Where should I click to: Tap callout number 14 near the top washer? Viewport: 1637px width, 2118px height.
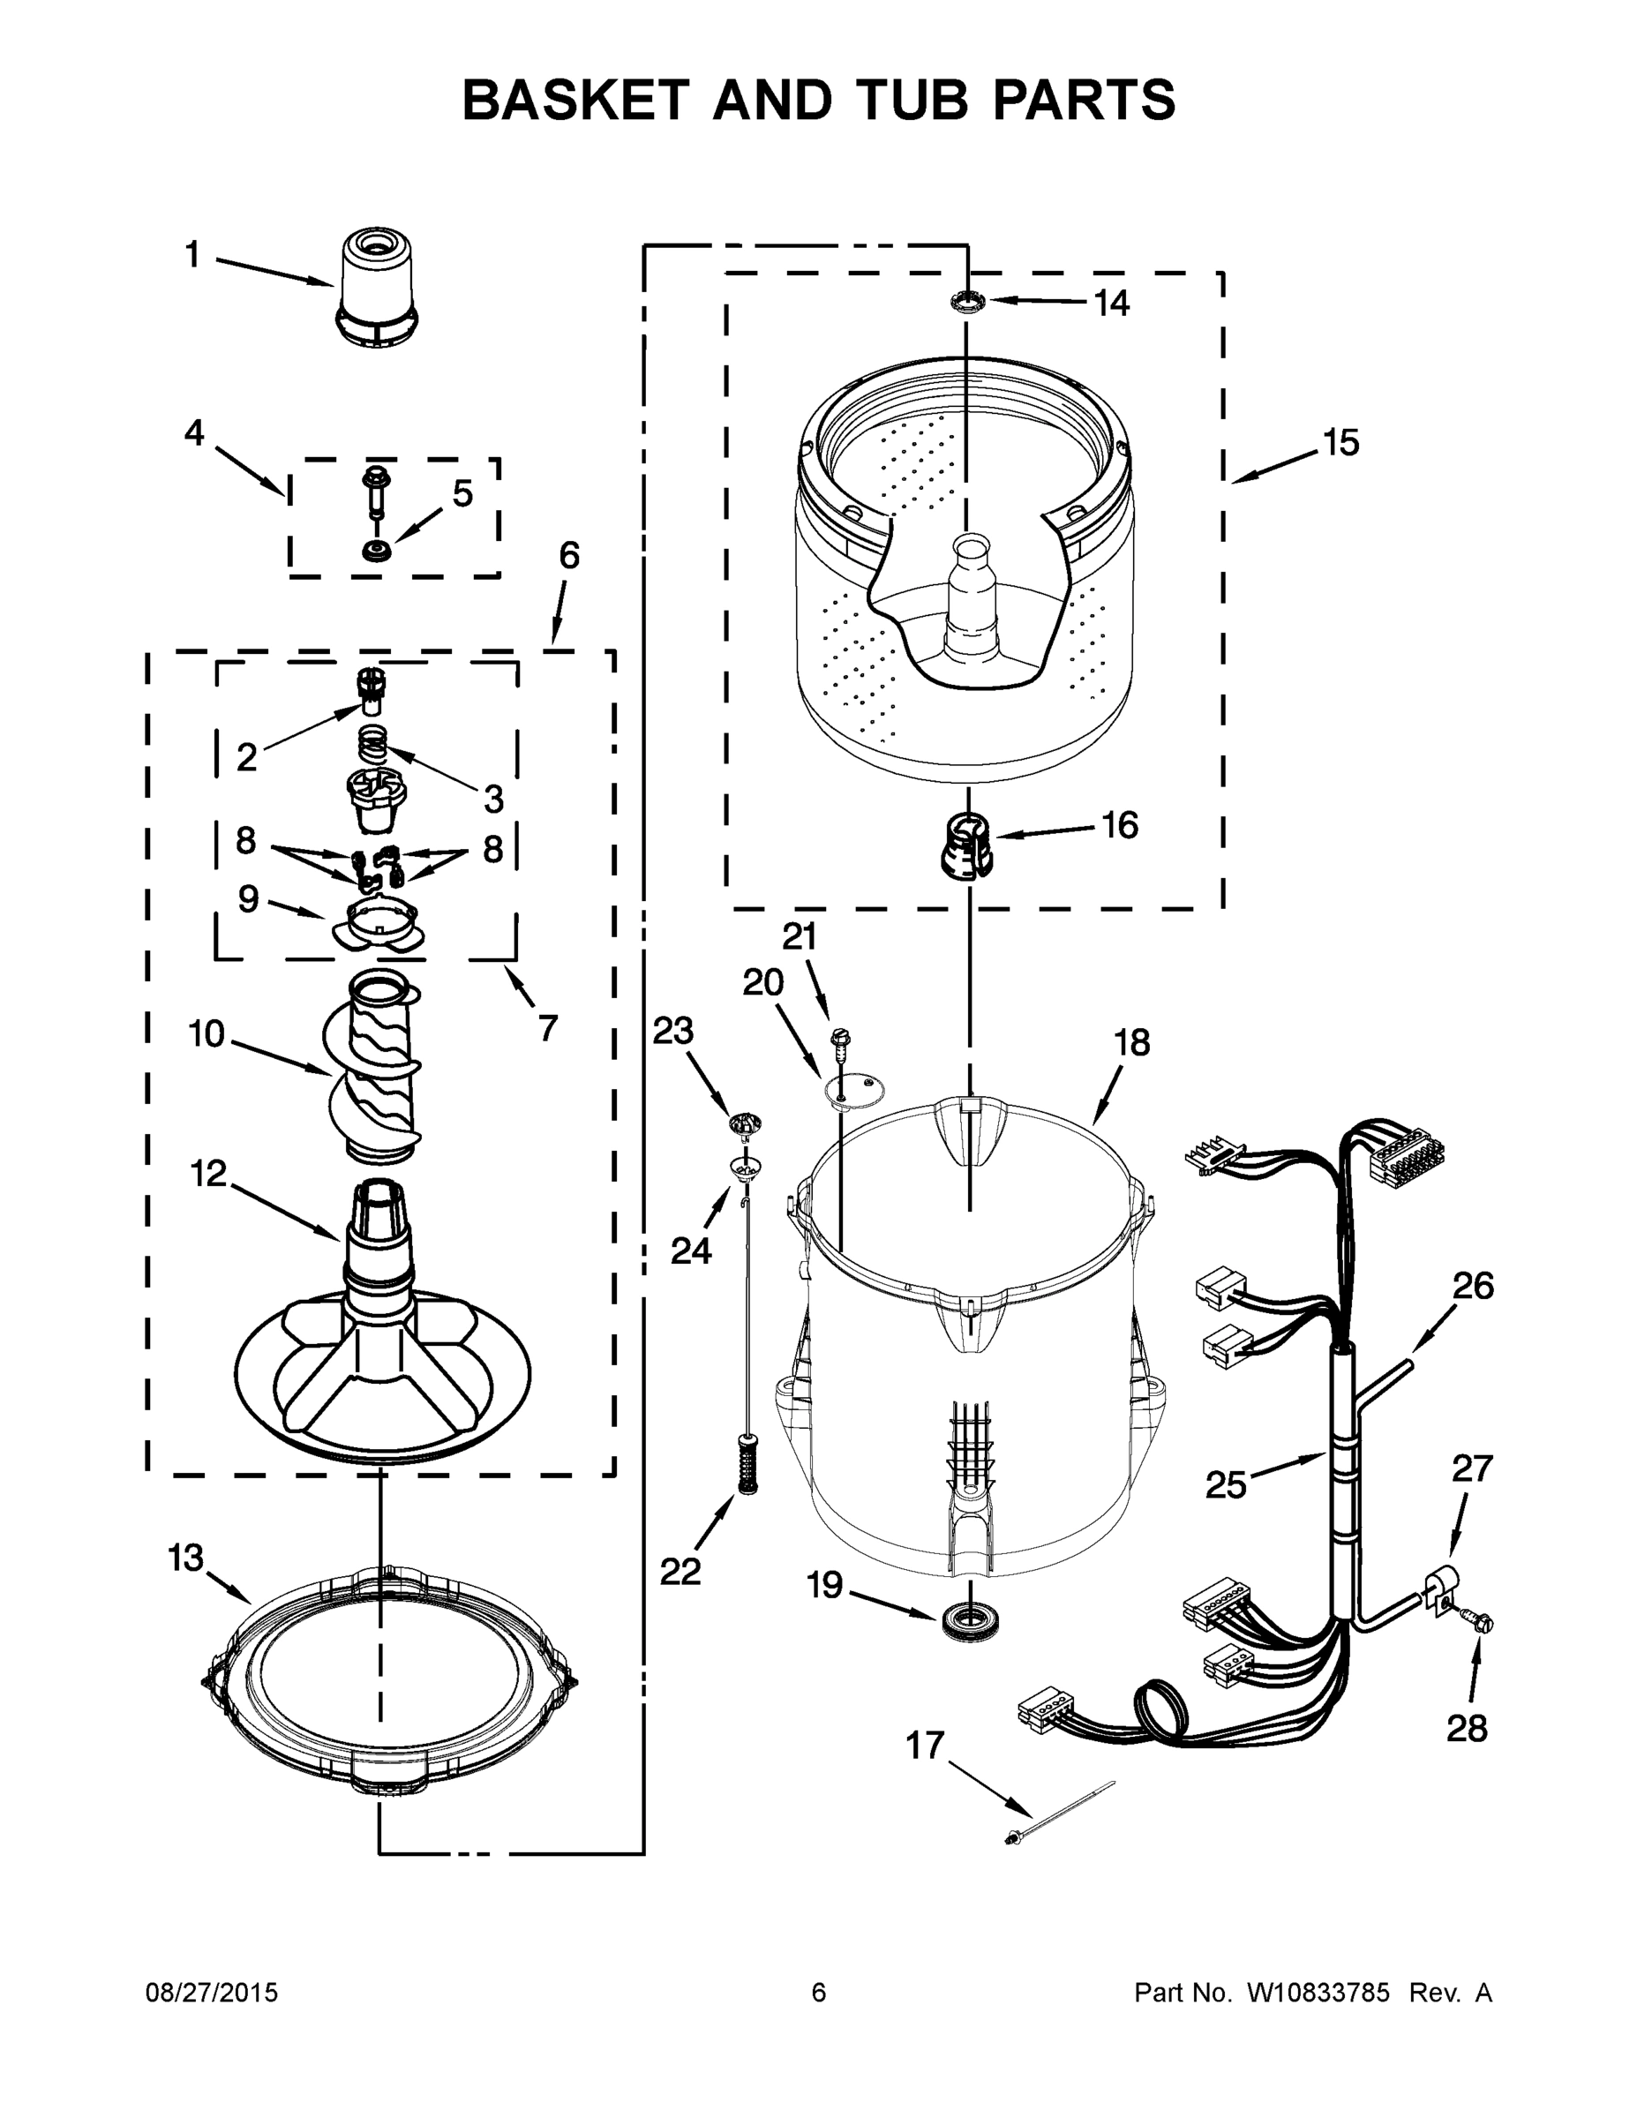[1111, 304]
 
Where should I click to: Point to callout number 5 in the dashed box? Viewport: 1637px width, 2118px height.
[462, 493]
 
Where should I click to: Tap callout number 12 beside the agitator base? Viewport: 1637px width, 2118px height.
[207, 1175]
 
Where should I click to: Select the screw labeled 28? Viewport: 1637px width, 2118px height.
[1479, 1620]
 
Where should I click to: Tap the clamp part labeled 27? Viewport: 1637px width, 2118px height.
[1438, 1590]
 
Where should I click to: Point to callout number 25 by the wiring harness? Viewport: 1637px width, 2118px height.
[1225, 1484]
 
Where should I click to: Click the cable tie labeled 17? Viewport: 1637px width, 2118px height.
[1062, 1810]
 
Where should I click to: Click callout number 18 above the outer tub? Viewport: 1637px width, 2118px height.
[1130, 1042]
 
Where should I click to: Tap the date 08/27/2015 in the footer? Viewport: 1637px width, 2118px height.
[212, 1993]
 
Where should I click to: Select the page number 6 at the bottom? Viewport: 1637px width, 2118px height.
[819, 1993]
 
